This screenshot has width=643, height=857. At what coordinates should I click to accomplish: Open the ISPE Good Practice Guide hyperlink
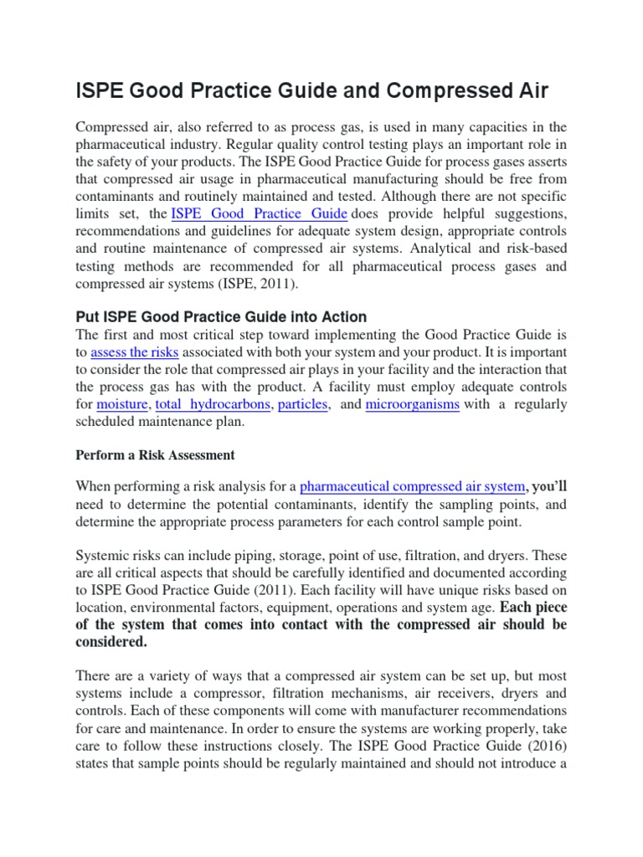258,213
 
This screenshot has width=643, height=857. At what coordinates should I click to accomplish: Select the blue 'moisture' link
121,404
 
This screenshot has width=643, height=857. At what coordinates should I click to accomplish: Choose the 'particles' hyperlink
303,404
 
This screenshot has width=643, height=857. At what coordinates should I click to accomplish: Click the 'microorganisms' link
413,404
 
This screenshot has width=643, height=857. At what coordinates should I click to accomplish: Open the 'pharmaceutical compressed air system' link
412,486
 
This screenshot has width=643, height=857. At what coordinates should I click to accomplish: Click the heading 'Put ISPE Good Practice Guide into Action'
221,317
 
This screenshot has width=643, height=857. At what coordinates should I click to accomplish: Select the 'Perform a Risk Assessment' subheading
155,456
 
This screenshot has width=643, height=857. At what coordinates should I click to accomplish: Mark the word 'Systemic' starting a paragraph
102,555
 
